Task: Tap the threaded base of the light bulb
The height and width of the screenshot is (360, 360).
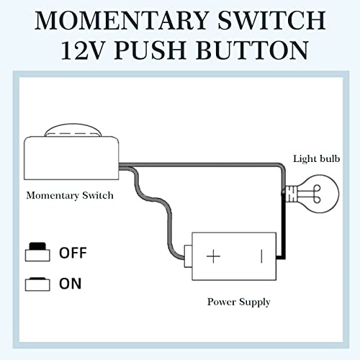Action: (291, 194)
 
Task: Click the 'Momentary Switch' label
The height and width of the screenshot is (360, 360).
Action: (70, 195)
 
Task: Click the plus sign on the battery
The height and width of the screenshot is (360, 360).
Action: (214, 256)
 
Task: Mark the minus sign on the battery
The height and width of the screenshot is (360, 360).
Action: (261, 256)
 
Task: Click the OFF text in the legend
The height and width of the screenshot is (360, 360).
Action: (72, 253)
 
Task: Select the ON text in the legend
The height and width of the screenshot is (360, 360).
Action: (70, 283)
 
